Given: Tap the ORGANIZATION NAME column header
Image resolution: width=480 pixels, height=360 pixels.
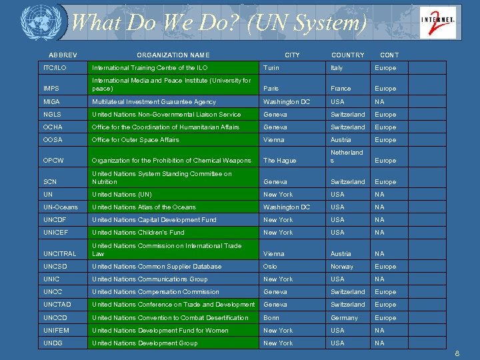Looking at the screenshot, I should click(x=173, y=55).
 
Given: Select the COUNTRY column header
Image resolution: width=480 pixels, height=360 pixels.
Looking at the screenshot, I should click(x=347, y=55).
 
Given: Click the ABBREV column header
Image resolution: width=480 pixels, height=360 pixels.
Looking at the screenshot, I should click(x=63, y=55).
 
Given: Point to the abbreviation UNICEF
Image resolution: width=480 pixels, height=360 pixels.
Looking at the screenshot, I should click(x=56, y=233).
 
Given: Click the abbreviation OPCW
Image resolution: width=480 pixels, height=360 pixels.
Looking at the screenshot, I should click(x=54, y=161).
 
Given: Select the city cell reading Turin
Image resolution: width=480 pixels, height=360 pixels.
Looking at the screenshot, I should click(x=271, y=68).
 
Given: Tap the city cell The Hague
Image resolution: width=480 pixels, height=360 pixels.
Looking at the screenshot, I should click(x=279, y=161).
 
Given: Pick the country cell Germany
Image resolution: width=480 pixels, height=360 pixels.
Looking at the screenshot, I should click(x=344, y=318).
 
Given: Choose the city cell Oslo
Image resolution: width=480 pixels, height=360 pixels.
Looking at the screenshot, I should click(x=270, y=267).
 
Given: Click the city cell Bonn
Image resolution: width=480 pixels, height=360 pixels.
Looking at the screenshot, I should click(x=271, y=318).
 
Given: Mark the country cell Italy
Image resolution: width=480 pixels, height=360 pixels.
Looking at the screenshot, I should click(x=337, y=68).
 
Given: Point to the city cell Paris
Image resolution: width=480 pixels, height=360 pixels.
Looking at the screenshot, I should click(x=271, y=89).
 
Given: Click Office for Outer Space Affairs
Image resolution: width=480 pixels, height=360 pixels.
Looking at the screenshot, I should click(x=135, y=140).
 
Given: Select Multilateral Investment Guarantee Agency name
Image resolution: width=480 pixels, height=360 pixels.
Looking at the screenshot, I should click(x=154, y=102).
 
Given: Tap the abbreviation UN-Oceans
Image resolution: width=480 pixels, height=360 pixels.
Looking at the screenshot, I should click(x=60, y=207).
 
